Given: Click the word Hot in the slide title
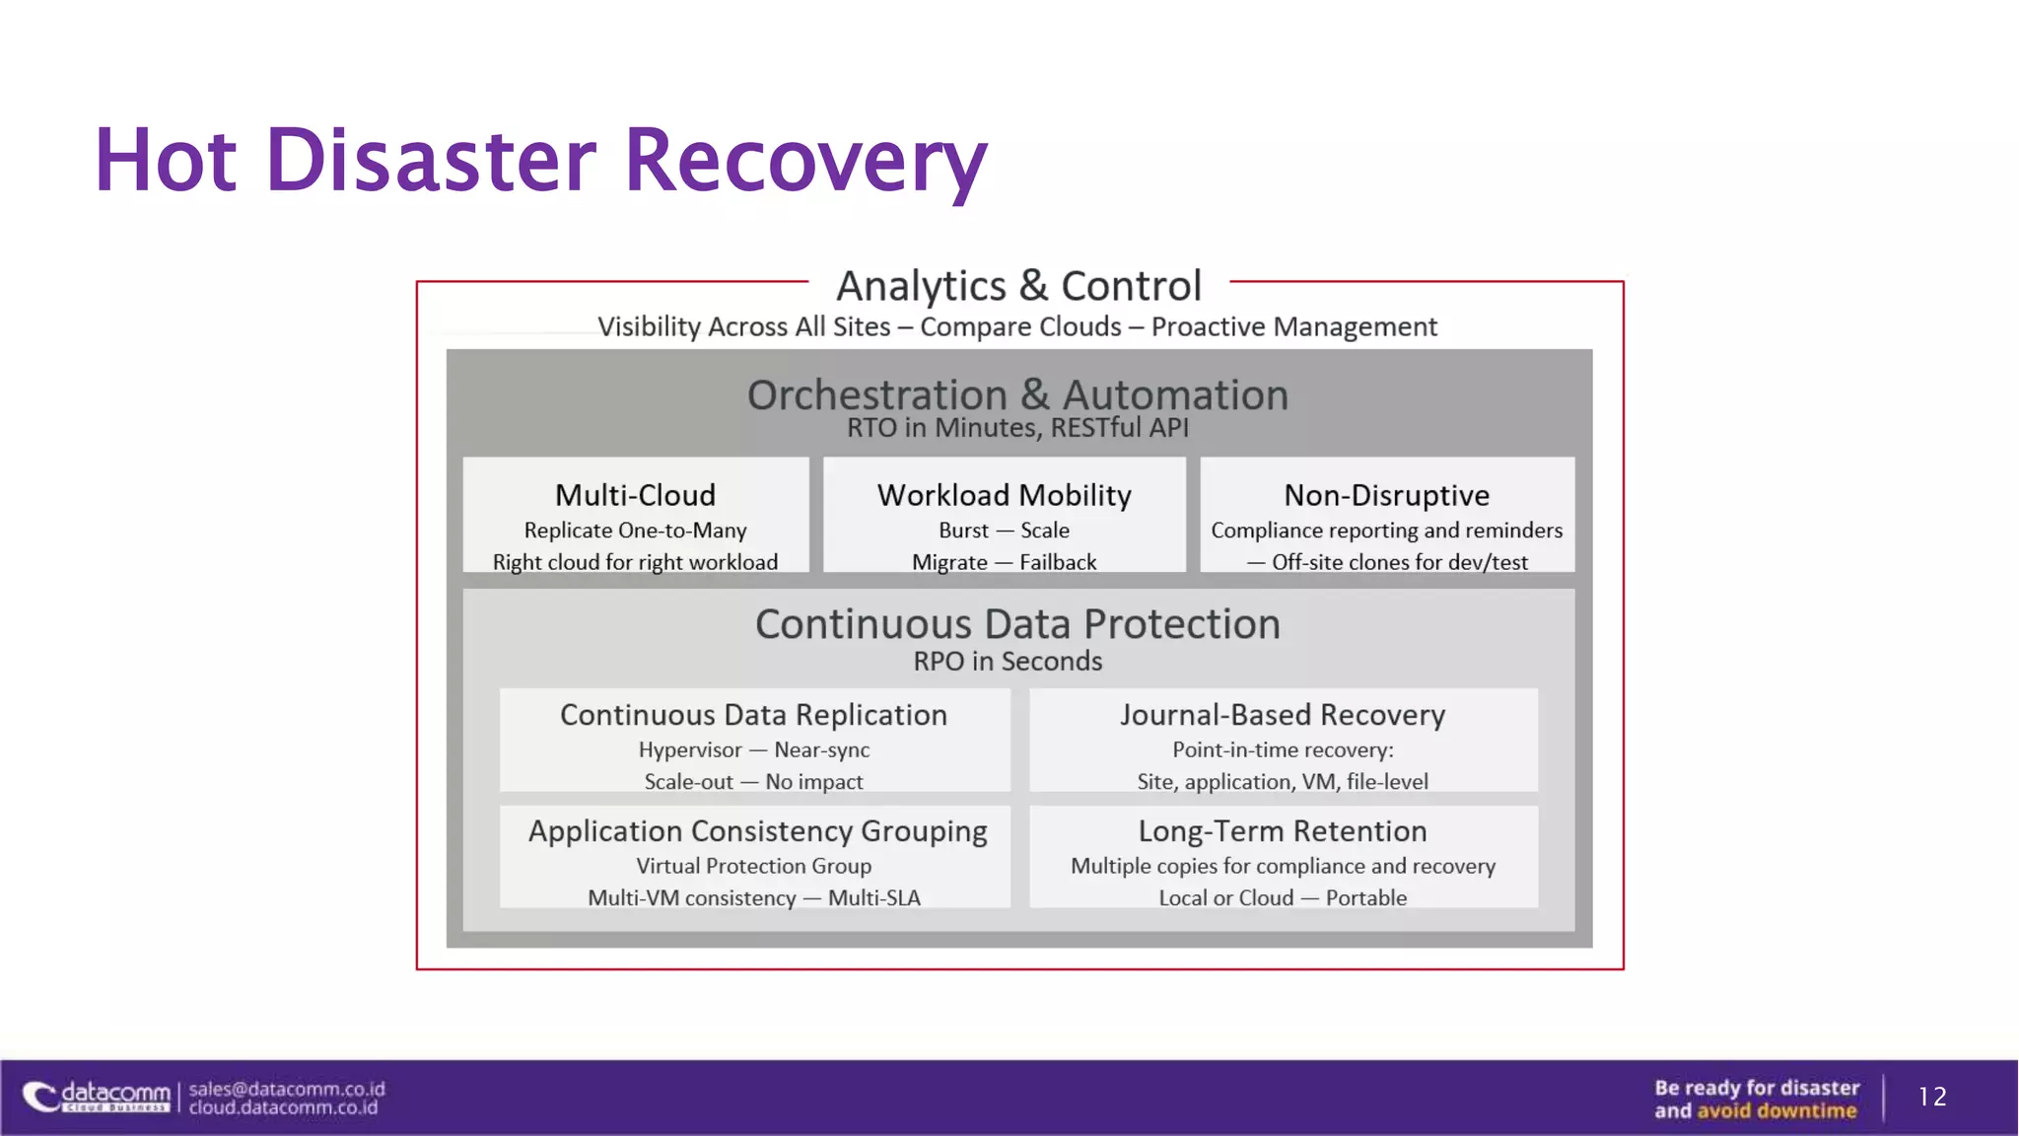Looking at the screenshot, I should click(166, 161).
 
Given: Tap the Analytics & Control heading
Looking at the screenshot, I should click(1018, 286).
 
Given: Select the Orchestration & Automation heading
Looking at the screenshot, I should click(1017, 395).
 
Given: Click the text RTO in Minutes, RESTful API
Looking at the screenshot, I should click(1017, 428).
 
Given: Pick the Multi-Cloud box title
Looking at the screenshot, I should click(635, 495).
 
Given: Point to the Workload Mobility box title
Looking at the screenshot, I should click(1004, 495).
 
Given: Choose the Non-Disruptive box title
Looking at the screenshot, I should click(1386, 495).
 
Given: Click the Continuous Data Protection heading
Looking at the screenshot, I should click(1017, 624).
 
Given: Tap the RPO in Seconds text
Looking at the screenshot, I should click(1008, 662).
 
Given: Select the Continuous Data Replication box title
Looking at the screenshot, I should click(753, 715).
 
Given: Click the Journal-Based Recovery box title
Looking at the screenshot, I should click(1283, 715).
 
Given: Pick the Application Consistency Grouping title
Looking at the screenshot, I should click(757, 831).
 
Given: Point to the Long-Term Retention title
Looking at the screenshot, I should click(1283, 831).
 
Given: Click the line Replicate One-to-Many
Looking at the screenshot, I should click(635, 531).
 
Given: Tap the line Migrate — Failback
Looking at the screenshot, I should click(1004, 562).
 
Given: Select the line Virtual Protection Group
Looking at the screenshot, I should click(753, 866).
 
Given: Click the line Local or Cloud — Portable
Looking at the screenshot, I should click(1283, 898).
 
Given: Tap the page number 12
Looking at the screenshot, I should click(1932, 1097).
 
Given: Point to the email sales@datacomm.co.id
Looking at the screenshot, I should click(287, 1089).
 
